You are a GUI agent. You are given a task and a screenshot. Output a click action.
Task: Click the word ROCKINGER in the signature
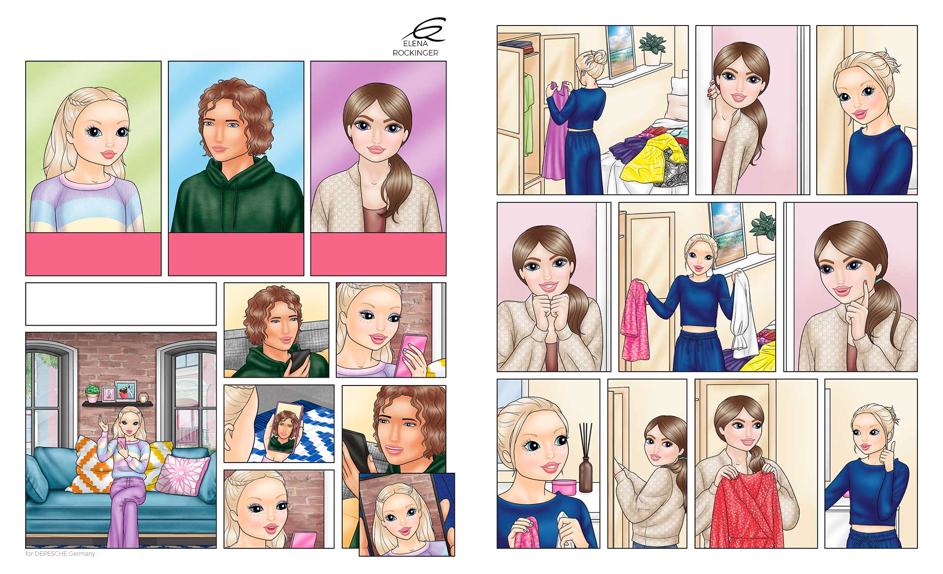point(415,53)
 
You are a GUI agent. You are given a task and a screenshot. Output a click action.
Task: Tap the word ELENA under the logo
point(415,44)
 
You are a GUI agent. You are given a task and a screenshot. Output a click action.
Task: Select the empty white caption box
point(121,304)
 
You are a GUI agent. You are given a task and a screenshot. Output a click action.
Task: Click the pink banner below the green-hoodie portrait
point(236,254)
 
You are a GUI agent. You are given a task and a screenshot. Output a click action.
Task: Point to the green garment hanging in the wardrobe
point(528,113)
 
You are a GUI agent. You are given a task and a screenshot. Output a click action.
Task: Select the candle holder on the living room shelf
point(144,397)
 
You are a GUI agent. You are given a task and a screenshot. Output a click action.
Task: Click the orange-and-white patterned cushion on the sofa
point(91,464)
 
